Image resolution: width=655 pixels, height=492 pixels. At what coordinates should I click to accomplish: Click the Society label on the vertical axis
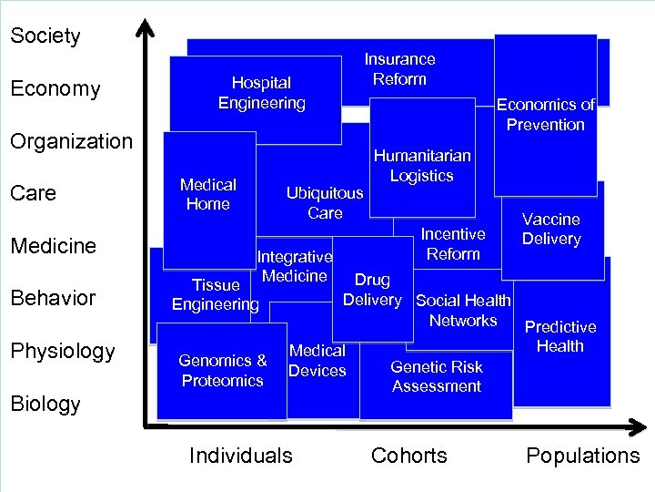coord(45,36)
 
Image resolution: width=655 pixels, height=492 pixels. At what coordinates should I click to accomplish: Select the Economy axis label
coord(55,89)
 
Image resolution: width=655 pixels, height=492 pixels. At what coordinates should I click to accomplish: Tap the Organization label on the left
coord(71,141)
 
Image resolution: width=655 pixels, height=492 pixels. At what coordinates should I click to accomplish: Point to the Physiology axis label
coord(63,351)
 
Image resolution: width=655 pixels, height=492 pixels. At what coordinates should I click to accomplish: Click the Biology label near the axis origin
coord(45,404)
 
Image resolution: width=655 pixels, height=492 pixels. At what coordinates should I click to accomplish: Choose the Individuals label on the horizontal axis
coord(241,456)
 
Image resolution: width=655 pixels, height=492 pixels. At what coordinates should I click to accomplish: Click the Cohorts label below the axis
coord(409,456)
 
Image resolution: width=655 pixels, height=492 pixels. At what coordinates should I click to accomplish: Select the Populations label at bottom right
coord(583,456)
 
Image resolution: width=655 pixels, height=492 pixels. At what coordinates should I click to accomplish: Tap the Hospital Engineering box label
coord(261,93)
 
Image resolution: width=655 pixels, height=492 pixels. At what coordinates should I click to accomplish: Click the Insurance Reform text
coord(399,69)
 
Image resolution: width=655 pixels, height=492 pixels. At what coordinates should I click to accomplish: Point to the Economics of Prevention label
coord(545,115)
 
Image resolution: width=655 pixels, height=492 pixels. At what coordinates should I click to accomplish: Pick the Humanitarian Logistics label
coord(421,166)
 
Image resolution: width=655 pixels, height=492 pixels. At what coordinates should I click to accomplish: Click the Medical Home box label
coord(208,194)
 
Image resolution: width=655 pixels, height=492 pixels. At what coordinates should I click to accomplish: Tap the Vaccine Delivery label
coord(551,229)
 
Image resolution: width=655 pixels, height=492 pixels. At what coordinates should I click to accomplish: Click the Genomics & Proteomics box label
coord(223,370)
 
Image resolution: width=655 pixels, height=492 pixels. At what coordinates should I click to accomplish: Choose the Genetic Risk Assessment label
coord(437,376)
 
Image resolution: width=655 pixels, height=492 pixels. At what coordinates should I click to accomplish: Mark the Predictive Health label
coord(560,336)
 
